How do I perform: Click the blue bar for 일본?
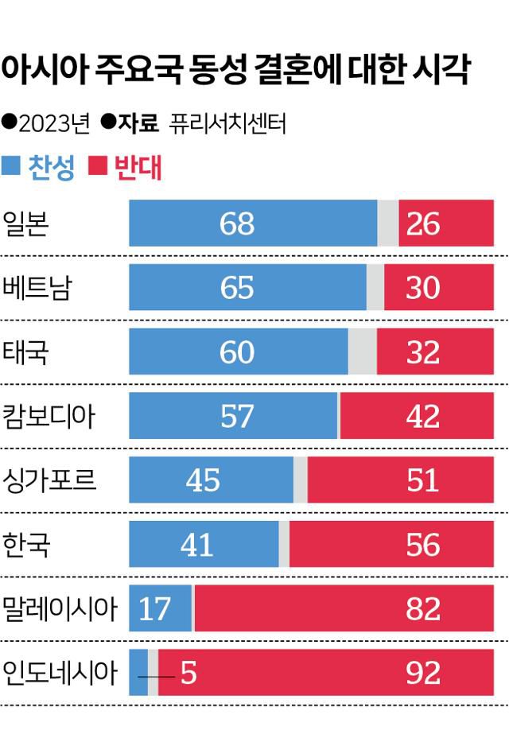(253, 223)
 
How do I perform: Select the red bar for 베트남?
(445, 287)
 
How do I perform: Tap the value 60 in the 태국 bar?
(236, 352)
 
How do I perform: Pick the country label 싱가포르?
(49, 480)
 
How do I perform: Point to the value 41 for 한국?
(196, 544)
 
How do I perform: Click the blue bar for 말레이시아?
(160, 608)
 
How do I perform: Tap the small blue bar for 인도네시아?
(138, 672)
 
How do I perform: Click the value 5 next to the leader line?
(188, 673)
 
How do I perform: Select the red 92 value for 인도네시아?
(422, 673)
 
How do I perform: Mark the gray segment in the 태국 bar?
(363, 352)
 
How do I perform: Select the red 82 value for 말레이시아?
(422, 608)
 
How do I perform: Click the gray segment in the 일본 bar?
(387, 223)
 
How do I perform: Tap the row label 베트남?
(37, 287)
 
